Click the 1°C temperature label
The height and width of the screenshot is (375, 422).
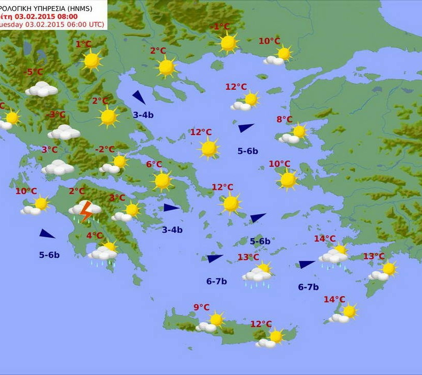[x=83, y=44]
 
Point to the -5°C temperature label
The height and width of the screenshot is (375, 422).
[x=34, y=72]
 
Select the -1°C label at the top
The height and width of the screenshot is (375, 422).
[x=220, y=27]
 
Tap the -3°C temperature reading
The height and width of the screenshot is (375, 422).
[x=57, y=115]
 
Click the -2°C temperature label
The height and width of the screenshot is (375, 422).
[x=105, y=150]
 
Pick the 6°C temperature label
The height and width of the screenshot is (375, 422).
[x=154, y=165]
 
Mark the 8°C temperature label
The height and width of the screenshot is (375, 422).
[x=284, y=120]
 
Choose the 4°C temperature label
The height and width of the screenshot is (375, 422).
[x=94, y=236]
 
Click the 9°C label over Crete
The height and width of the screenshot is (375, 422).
[x=201, y=307]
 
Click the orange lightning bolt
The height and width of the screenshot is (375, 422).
[x=86, y=211]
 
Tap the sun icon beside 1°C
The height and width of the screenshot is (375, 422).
[x=92, y=60]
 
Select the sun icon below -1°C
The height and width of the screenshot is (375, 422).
[x=228, y=43]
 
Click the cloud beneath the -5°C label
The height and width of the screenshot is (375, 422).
[x=42, y=89]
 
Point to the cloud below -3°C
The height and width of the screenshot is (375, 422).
[x=64, y=133]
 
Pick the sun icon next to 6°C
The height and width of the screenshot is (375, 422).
[x=163, y=181]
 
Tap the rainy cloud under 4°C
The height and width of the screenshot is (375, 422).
[x=102, y=254]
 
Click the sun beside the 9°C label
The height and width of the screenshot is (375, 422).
[x=217, y=320]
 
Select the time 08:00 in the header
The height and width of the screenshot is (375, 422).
[x=67, y=16]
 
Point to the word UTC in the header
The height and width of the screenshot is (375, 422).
[x=95, y=24]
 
